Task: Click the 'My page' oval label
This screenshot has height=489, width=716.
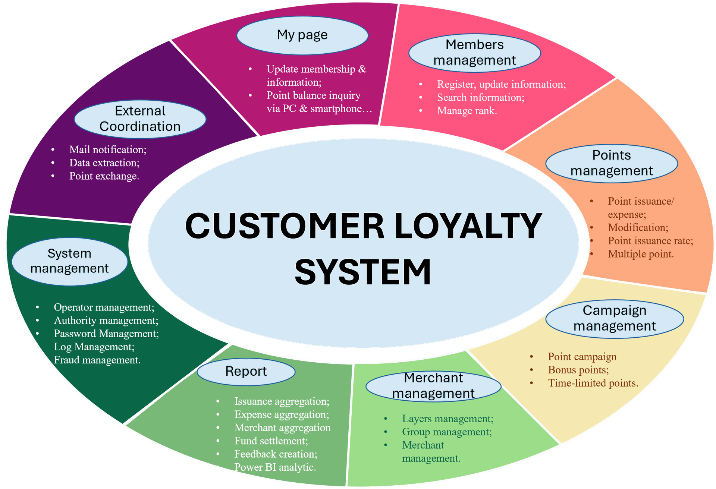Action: [x=302, y=35]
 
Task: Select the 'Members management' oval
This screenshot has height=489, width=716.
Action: [x=474, y=53]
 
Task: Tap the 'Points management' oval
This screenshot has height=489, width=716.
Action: [x=611, y=163]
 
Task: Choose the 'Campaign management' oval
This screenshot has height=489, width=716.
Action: [x=614, y=319]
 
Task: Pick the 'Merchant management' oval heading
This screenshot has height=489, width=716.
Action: [x=433, y=386]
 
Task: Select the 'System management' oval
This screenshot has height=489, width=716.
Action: [x=69, y=261]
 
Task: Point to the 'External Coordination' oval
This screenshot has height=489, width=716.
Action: [x=140, y=119]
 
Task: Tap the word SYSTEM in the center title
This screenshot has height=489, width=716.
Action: [x=363, y=272]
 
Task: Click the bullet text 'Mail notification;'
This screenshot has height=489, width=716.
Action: [x=108, y=149]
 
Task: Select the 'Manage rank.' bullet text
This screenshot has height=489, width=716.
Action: [x=467, y=111]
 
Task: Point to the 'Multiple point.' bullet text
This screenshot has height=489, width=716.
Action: [x=641, y=254]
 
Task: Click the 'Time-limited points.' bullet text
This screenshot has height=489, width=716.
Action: [x=593, y=383]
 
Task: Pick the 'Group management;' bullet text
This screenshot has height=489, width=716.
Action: [x=447, y=432]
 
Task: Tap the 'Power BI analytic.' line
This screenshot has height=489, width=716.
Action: [x=275, y=467]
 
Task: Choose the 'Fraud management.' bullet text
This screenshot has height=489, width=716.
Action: [x=97, y=360]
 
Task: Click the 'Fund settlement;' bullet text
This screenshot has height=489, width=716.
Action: [x=271, y=441]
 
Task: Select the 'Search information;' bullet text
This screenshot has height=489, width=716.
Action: [x=481, y=98]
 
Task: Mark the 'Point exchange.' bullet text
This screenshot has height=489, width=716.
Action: [x=104, y=176]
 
